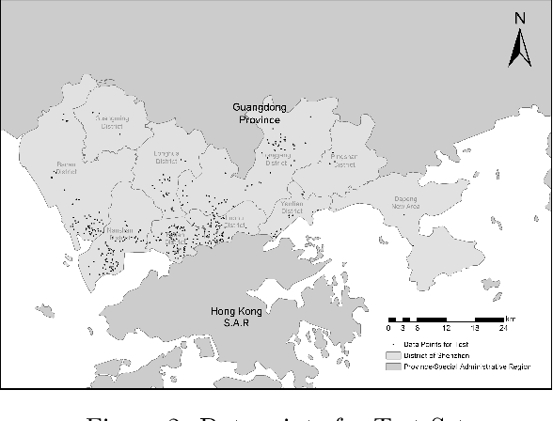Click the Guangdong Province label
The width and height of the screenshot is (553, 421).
click(x=259, y=114)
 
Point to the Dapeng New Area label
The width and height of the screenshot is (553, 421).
click(x=403, y=202)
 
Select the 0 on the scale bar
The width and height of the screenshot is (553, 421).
click(x=388, y=328)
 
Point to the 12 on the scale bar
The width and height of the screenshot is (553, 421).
click(x=446, y=328)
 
